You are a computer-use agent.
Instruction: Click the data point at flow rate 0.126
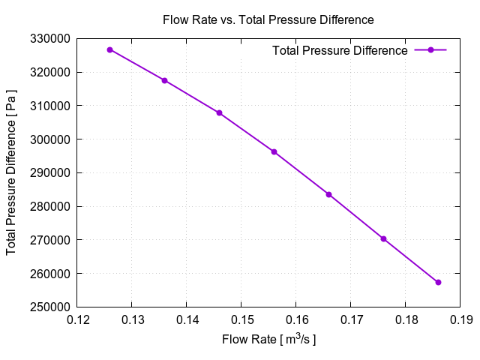pyautogui.click(x=109, y=50)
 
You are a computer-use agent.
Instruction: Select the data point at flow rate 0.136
pyautogui.click(x=164, y=80)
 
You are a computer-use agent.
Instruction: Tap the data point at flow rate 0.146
pyautogui.click(x=219, y=113)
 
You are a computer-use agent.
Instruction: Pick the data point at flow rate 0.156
pyautogui.click(x=274, y=151)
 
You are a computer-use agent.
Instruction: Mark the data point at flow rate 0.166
pyautogui.click(x=328, y=194)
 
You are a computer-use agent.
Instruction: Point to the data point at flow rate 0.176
pyautogui.click(x=383, y=239)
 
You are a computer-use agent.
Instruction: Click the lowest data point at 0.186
pyautogui.click(x=438, y=282)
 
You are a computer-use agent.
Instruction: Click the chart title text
pyautogui.click(x=268, y=19)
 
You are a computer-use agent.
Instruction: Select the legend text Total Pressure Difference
pyautogui.click(x=340, y=50)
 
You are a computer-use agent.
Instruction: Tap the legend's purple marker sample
pyautogui.click(x=430, y=50)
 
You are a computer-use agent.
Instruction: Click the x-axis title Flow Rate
pyautogui.click(x=268, y=340)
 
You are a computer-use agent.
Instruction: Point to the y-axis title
pyautogui.click(x=12, y=172)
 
